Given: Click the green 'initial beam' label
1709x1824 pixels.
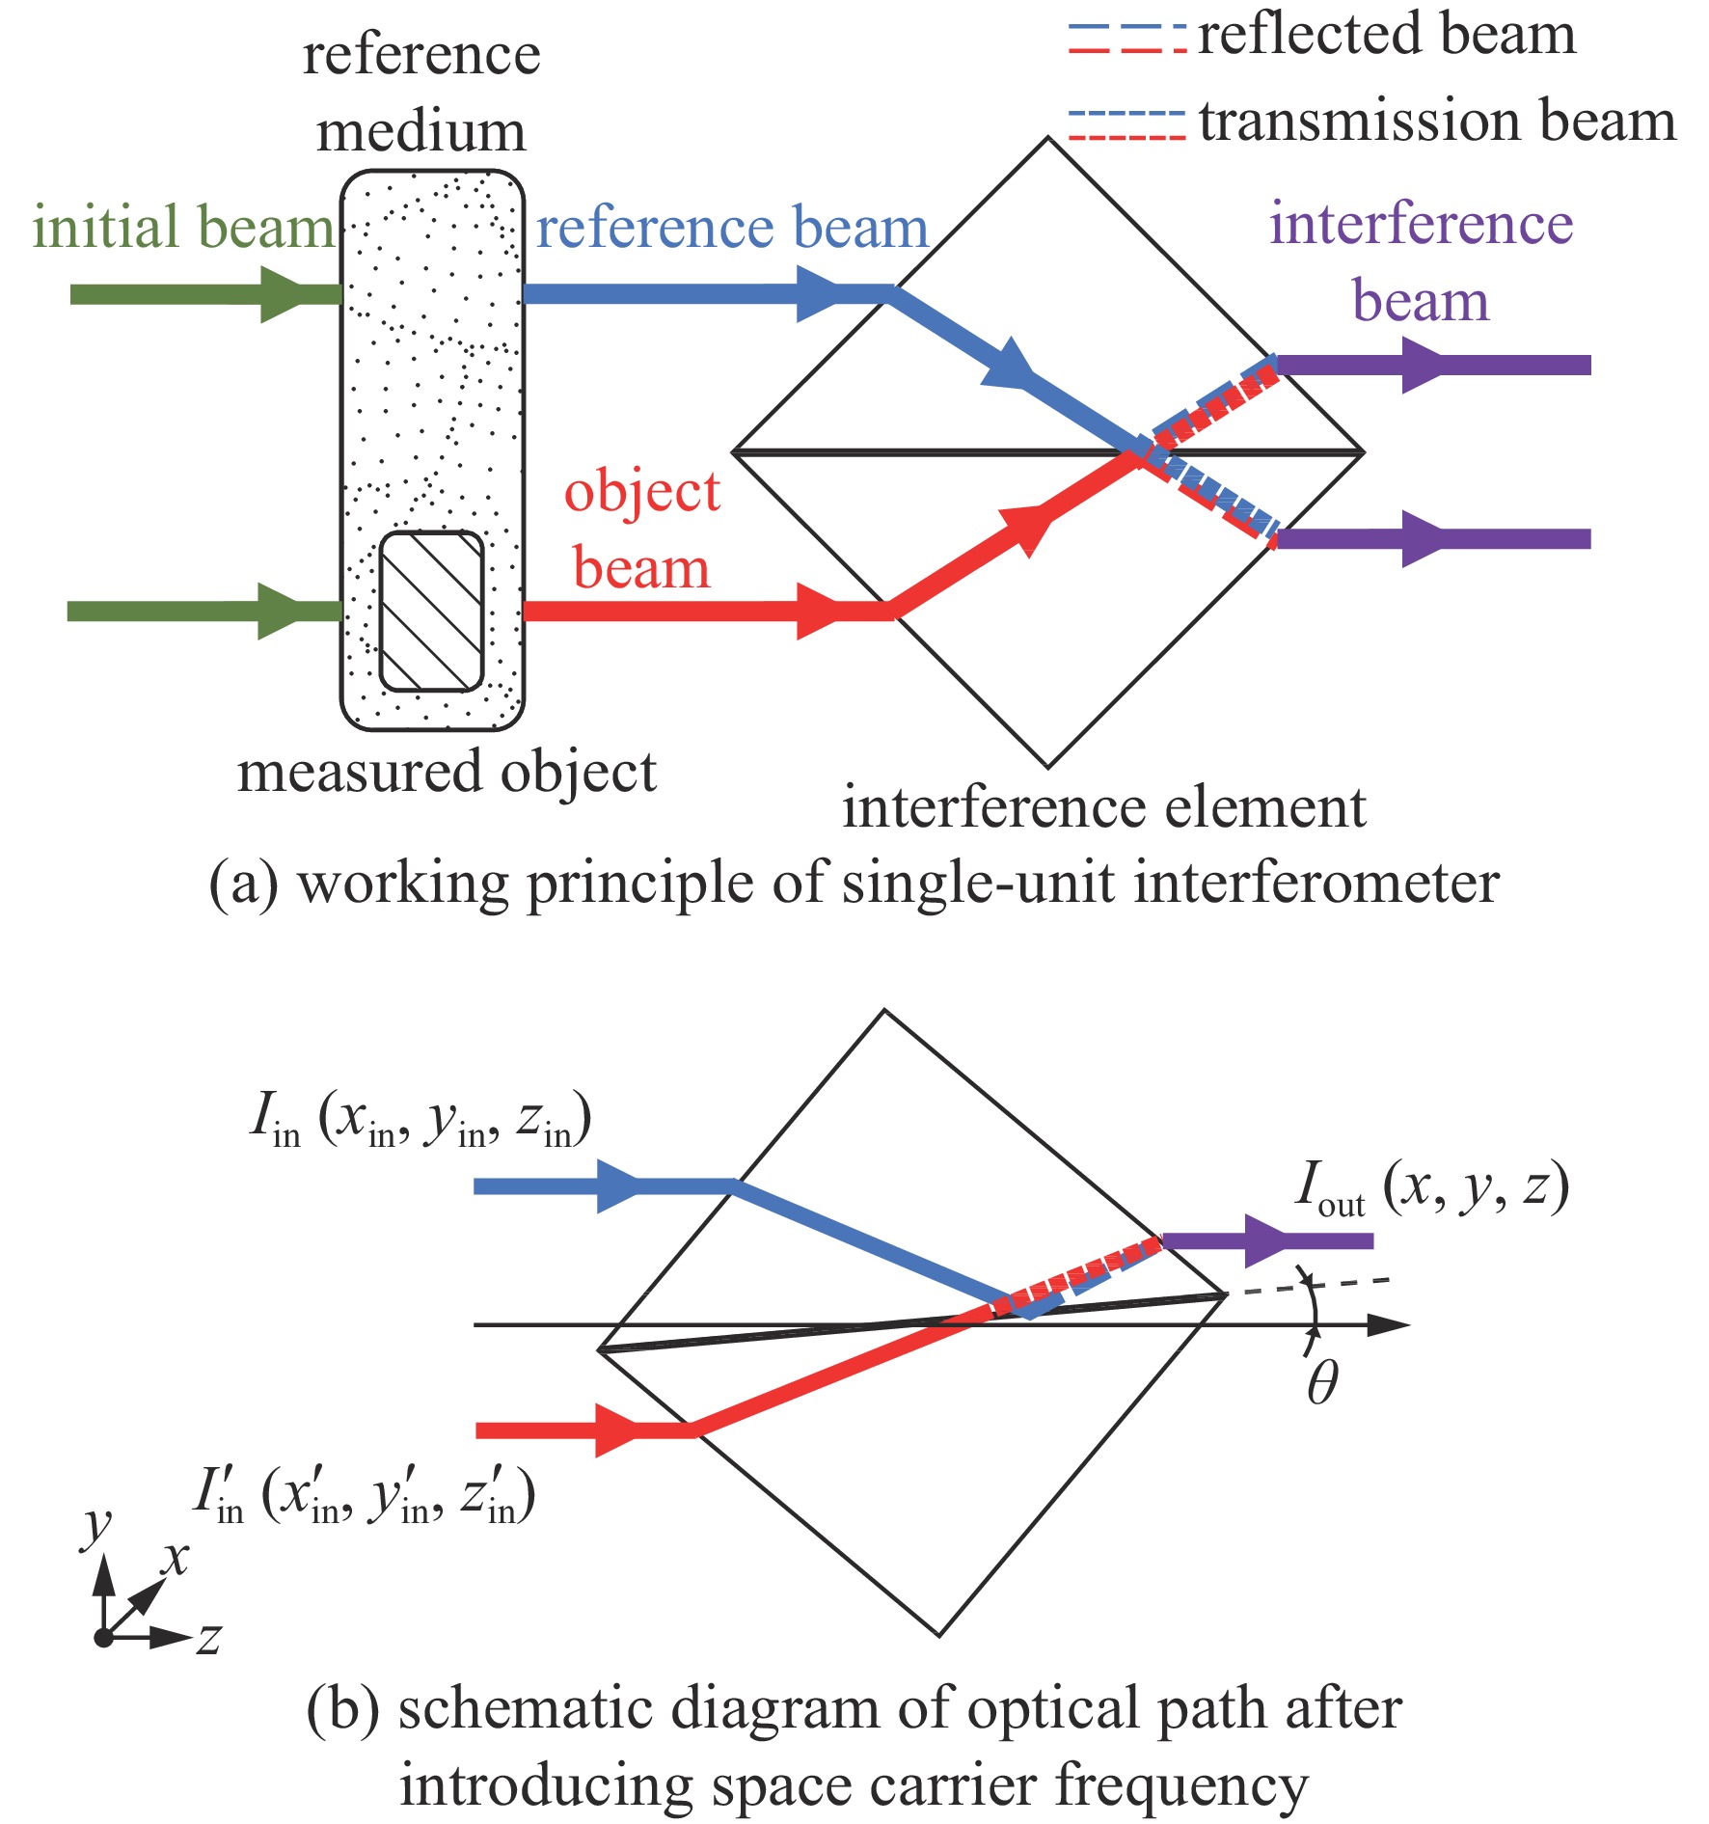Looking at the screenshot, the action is (x=183, y=228).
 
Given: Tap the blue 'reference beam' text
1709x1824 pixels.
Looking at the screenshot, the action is (x=732, y=228).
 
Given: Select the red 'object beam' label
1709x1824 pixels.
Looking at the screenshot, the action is (x=642, y=530).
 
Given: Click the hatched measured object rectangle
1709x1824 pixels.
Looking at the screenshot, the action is (x=431, y=612).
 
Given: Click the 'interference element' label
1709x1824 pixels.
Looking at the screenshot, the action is (x=1104, y=807).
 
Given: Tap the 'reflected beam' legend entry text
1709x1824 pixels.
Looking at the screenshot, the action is (x=1387, y=35).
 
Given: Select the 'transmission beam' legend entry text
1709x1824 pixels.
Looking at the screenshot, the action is (x=1438, y=122).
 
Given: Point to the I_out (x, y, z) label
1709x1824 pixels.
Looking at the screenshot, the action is (x=1432, y=1189).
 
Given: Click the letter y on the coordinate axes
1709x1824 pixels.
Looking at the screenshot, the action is (x=97, y=1526).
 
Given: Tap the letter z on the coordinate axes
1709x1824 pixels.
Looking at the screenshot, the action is (x=209, y=1637).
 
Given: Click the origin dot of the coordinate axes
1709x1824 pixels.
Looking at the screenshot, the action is (x=103, y=1637).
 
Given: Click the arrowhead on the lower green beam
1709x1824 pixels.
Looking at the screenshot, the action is (x=283, y=611).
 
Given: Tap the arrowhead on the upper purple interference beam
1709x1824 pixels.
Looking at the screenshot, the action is (x=1425, y=365).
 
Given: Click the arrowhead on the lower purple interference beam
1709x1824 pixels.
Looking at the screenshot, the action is (x=1425, y=538).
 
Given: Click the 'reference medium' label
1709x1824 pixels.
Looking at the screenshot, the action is (x=421, y=93).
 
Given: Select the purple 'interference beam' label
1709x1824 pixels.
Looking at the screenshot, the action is (x=1422, y=262).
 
